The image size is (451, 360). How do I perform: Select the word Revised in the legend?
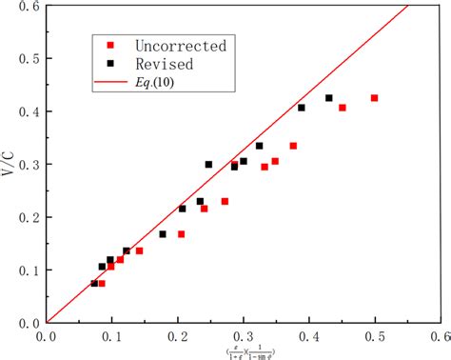coord(158,64)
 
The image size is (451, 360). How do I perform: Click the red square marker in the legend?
coord(110,45)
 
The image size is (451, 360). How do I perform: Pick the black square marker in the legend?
coord(110,64)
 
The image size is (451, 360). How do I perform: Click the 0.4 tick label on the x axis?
coord(309,334)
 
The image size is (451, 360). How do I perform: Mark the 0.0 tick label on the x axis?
coord(46,334)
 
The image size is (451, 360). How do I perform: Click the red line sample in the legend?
coord(110,83)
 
